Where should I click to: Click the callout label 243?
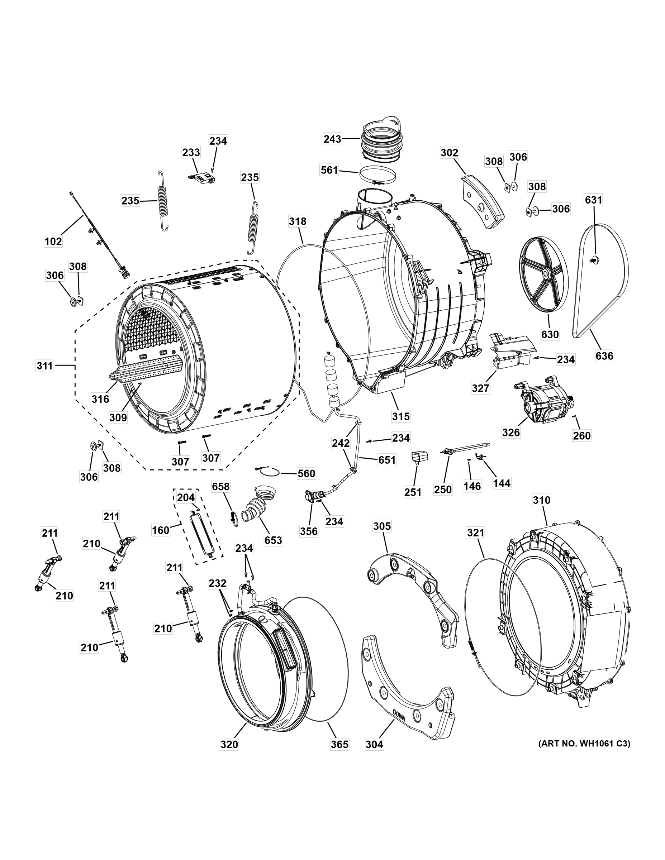(332, 139)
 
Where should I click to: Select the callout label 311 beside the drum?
(44, 366)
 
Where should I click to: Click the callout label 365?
(339, 744)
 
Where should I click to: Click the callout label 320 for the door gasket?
(229, 744)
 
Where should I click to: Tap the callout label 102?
(53, 241)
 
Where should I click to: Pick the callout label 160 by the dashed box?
(161, 530)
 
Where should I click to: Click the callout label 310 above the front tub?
(541, 500)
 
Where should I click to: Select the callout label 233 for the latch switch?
(191, 152)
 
